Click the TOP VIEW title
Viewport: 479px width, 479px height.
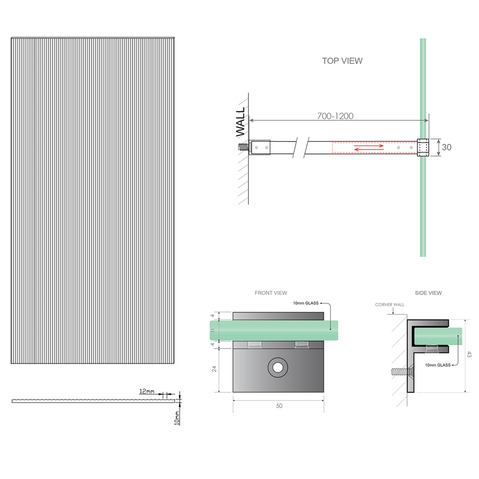[342, 61]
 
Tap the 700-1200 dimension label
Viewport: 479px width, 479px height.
[335, 116]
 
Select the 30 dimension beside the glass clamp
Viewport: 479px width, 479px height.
[447, 148]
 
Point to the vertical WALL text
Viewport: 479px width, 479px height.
[240, 122]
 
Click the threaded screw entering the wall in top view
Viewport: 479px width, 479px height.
[243, 147]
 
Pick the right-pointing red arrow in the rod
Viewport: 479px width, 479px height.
[368, 145]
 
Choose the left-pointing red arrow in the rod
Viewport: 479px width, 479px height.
[368, 150]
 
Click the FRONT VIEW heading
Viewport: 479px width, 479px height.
[271, 293]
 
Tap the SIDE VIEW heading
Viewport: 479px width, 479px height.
[428, 293]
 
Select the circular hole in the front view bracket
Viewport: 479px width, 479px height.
[278, 368]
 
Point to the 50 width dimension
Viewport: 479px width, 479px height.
[279, 406]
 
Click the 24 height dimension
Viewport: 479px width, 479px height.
[214, 369]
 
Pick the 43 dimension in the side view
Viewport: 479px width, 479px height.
[469, 355]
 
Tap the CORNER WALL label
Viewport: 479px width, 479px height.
[389, 305]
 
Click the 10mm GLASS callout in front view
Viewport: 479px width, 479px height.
[306, 303]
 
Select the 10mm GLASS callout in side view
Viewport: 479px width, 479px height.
[438, 365]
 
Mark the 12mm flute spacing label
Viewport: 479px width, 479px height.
[147, 391]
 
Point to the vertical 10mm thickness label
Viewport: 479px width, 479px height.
[177, 417]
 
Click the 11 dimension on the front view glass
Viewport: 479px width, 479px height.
[212, 330]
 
